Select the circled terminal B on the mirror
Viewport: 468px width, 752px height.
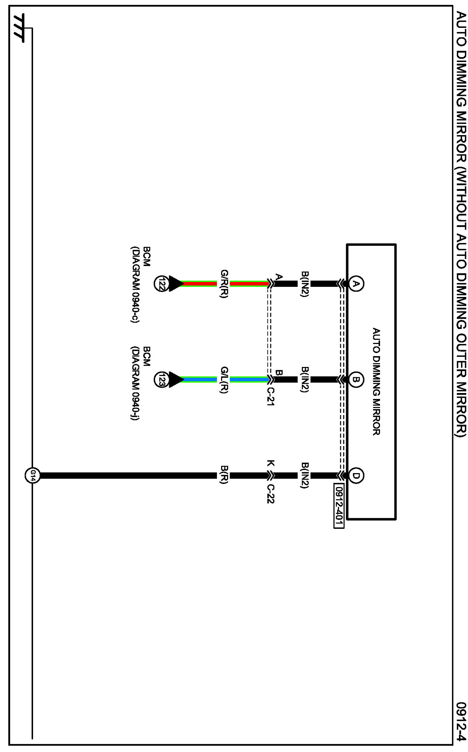[356, 379]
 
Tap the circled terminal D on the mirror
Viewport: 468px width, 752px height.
[356, 475]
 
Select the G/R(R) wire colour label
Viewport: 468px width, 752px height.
[224, 283]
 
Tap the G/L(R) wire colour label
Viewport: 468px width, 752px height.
[224, 379]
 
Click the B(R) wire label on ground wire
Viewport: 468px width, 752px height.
[224, 475]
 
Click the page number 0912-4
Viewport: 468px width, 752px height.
[461, 721]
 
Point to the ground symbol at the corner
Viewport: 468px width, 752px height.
[20, 29]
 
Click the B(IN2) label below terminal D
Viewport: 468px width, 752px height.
[305, 475]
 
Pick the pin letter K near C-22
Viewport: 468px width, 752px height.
[271, 464]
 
